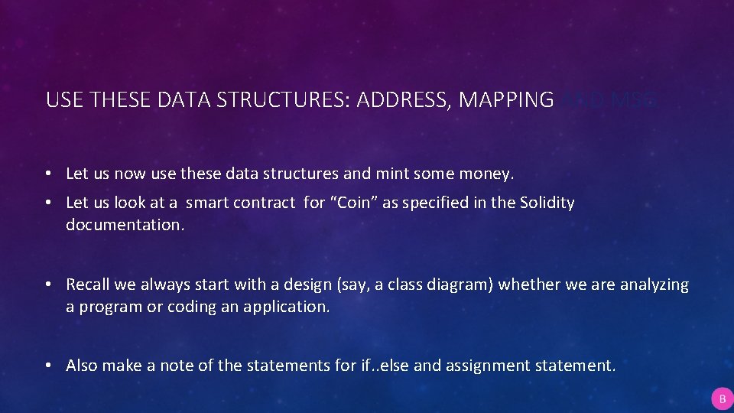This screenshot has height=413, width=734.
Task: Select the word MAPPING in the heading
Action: [x=506, y=99]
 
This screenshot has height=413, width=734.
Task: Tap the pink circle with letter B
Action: [x=722, y=398]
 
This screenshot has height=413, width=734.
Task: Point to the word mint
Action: [x=392, y=174]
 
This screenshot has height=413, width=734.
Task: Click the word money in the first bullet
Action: [x=486, y=174]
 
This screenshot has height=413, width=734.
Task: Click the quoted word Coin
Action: [x=354, y=203]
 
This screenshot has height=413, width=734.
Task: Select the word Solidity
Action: [x=547, y=203]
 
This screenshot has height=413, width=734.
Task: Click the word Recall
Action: [x=89, y=285]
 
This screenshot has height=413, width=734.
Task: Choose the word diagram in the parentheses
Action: [x=466, y=285]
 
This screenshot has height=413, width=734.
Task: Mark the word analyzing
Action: [x=654, y=285]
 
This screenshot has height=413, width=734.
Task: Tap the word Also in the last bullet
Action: [x=82, y=366]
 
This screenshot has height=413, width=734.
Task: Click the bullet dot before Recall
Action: [x=48, y=285]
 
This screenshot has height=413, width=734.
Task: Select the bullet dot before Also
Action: [x=48, y=366]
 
